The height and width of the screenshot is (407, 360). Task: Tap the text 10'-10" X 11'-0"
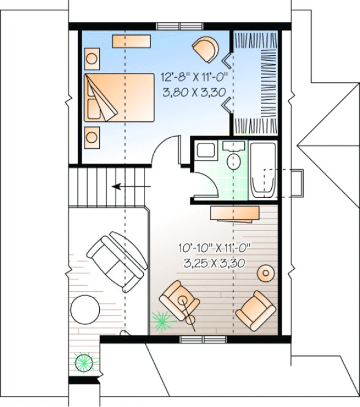pyautogui.click(x=214, y=248)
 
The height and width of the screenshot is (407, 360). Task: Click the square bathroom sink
pyautogui.click(x=204, y=151)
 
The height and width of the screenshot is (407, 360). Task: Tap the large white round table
pyautogui.click(x=86, y=310)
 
